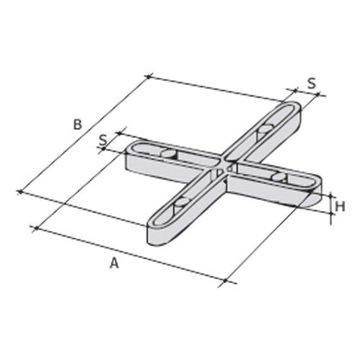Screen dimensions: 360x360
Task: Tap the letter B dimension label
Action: click(x=77, y=125)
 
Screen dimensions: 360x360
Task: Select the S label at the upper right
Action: click(x=312, y=84)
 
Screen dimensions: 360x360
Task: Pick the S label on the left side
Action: click(x=102, y=138)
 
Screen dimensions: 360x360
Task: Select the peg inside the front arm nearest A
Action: click(x=182, y=204)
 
